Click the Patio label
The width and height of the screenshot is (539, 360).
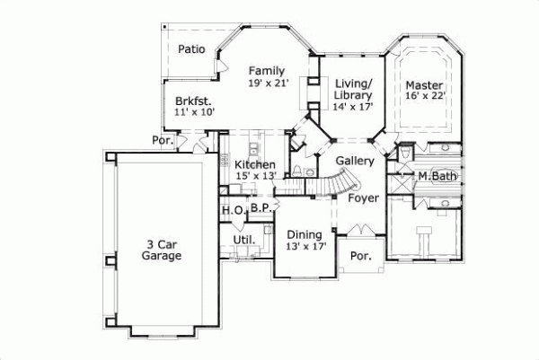(191, 49)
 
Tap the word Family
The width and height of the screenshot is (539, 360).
(267, 70)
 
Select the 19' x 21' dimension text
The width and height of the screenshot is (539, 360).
(267, 83)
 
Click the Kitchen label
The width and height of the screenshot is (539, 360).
(255, 165)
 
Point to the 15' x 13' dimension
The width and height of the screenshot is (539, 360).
(255, 177)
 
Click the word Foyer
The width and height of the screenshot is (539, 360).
(363, 198)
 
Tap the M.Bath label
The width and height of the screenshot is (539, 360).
(437, 176)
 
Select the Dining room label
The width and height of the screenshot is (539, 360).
(305, 233)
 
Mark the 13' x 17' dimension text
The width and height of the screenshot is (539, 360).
(305, 245)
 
